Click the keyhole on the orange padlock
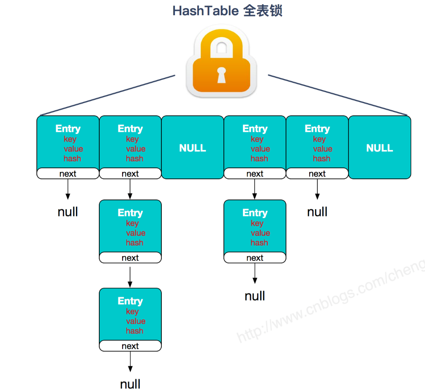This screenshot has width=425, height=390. tap(221, 75)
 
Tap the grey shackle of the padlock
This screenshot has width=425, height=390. tap(221, 43)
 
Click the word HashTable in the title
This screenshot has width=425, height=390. tap(205, 11)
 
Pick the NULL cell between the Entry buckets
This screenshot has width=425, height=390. tap(193, 148)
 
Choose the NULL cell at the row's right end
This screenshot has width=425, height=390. tap(379, 148)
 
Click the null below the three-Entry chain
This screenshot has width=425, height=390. tap(130, 384)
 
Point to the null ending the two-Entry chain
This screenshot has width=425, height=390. tap(255, 296)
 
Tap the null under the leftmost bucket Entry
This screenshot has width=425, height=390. tap(68, 212)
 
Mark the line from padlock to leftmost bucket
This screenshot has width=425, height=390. tap(106, 95)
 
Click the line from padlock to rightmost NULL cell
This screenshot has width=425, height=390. tap(338, 95)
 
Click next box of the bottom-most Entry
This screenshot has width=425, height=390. tap(130, 346)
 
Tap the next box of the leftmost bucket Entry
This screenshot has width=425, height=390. tap(68, 174)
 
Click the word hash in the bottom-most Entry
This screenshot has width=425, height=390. tap(134, 331)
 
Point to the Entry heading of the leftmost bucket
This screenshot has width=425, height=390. tap(68, 128)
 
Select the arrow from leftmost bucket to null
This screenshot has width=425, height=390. tap(68, 189)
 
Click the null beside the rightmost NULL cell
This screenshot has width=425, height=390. tap(317, 212)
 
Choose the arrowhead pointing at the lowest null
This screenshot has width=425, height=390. tap(130, 369)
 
